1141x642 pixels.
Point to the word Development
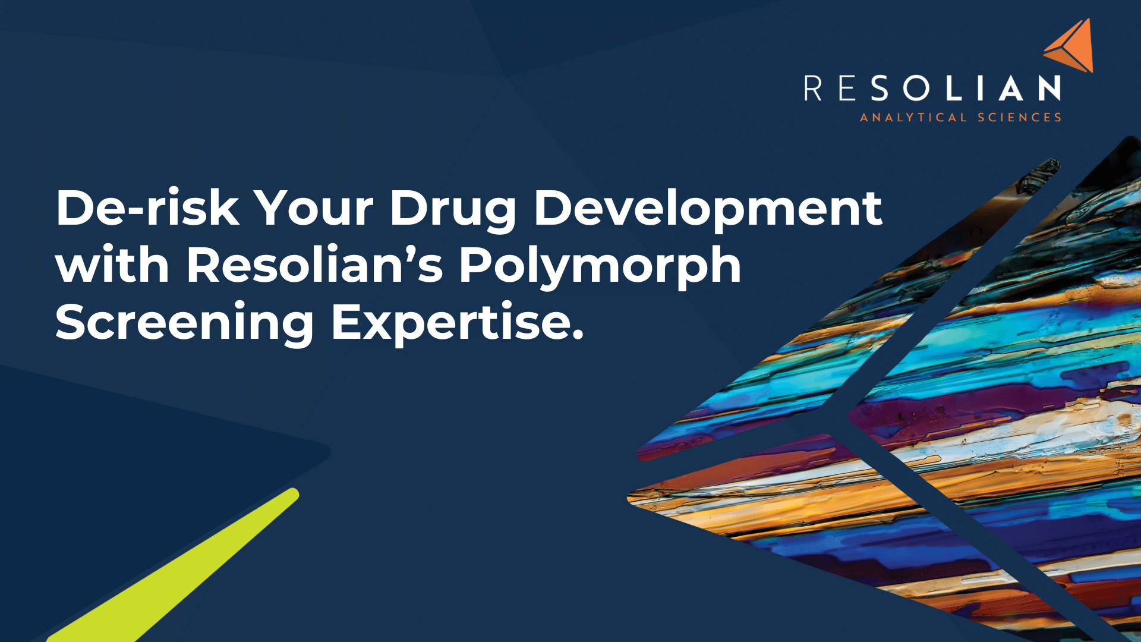(x=708, y=212)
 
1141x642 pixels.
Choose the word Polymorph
(x=600, y=267)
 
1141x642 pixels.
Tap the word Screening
(x=185, y=325)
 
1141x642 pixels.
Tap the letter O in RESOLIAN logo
(x=916, y=88)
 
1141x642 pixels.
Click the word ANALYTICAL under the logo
(x=913, y=118)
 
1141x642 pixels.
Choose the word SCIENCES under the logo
(x=1020, y=118)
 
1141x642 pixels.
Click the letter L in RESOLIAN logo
(x=952, y=88)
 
